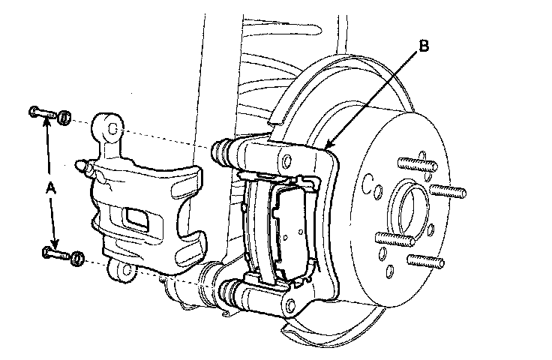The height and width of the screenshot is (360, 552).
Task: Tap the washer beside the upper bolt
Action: click(64, 117)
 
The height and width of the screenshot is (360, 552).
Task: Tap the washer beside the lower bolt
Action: click(76, 259)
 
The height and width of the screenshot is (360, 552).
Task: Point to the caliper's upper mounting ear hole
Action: click(111, 129)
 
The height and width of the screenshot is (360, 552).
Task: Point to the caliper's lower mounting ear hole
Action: click(126, 268)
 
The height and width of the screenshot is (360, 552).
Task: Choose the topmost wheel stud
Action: click(411, 160)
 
